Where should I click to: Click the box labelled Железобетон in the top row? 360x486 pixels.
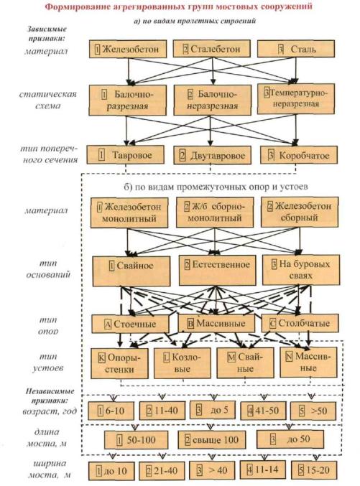coord(128,49)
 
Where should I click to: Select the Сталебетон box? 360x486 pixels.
coord(212,48)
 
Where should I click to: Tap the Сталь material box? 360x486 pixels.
coord(296,48)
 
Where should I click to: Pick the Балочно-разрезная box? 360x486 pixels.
coord(128,100)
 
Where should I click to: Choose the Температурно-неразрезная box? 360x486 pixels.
coord(296,99)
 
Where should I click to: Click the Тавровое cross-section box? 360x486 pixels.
coord(125,154)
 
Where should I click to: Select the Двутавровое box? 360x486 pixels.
coord(212,155)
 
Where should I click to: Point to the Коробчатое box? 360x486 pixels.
coord(299,155)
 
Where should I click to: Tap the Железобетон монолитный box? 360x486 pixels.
coord(129,213)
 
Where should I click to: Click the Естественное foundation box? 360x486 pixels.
coord(218,270)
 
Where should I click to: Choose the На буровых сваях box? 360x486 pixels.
coord(301,270)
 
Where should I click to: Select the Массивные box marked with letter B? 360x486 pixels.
coord(216,323)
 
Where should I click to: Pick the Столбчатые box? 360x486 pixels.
coord(300,323)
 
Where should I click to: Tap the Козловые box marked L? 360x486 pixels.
coord(183,363)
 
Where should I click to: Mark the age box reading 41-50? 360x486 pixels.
coord(263,411)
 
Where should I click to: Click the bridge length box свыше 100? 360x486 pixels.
coord(212,439)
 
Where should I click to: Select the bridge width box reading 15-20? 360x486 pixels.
coord(314,470)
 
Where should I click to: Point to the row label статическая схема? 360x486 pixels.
coord(48,100)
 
